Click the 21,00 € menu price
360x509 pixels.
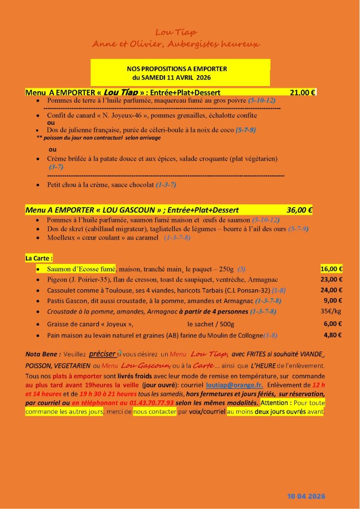pos(303,92)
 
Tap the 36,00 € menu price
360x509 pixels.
pos(300,210)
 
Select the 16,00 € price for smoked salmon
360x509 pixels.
pos(332,269)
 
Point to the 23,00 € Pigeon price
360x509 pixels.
pos(332,279)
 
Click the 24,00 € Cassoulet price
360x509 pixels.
pos(332,290)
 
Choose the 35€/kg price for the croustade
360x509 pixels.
pos(331,311)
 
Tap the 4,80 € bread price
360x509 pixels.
pos(333,335)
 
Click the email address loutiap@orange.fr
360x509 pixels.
pos(242,384)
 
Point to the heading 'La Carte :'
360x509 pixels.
pos(39,258)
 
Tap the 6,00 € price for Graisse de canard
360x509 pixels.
pos(333,324)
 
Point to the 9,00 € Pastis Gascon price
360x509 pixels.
pos(333,301)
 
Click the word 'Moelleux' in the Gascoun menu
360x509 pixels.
pos(62,237)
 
